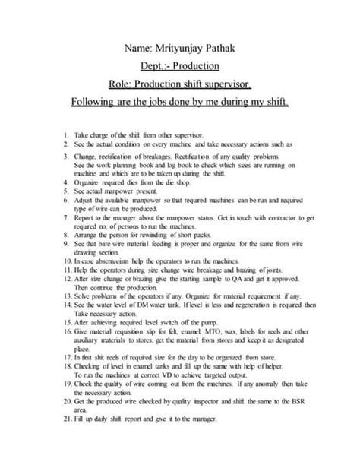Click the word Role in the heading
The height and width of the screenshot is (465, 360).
pyautogui.click(x=125, y=84)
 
